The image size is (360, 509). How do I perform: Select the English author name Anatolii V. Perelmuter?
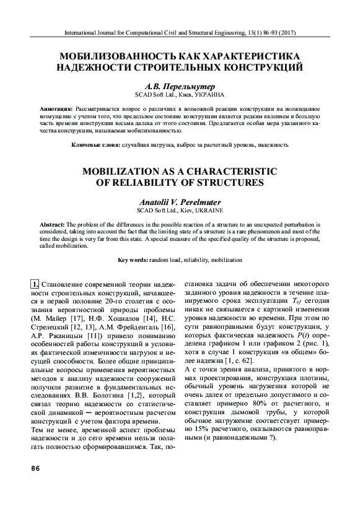[x=180, y=202]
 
